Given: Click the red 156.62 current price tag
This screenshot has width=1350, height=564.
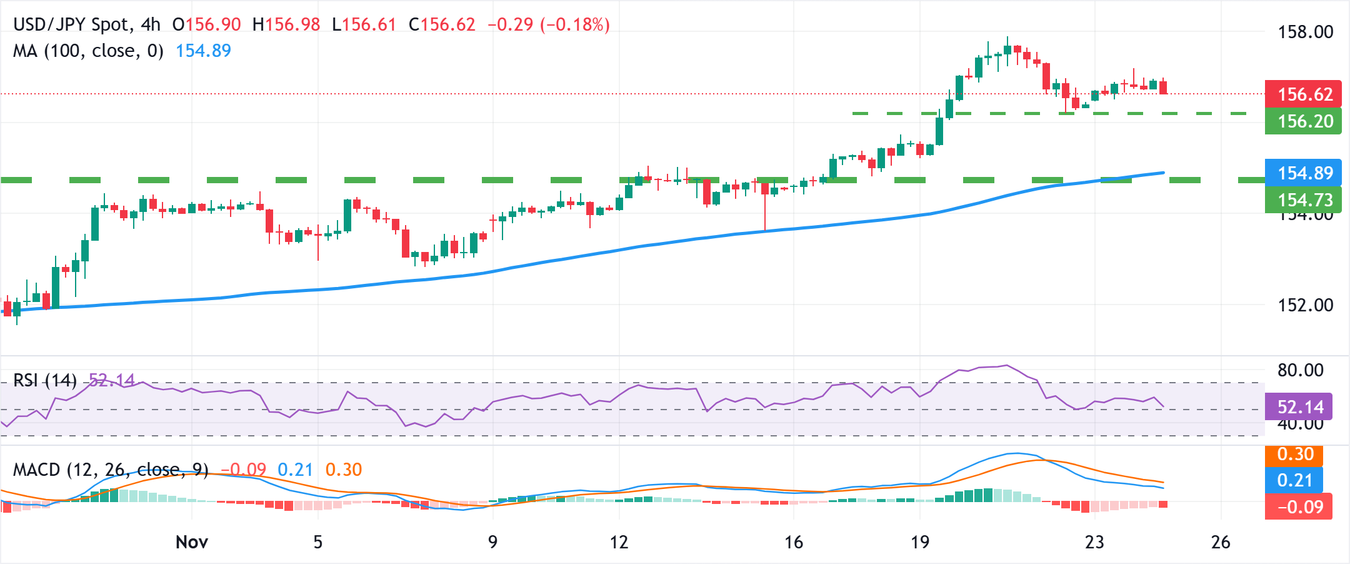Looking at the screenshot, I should (x=1303, y=94).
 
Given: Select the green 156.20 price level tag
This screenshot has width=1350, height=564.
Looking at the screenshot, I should (x=1303, y=121).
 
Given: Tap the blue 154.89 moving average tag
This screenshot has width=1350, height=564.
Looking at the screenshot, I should (x=1303, y=173).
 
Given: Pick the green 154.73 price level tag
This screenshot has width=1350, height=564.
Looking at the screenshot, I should (x=1303, y=199).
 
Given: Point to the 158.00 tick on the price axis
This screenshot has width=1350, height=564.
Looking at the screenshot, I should (x=1305, y=32).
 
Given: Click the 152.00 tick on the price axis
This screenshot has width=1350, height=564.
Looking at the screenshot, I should (x=1305, y=305).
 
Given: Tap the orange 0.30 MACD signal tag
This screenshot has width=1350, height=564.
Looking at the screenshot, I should (x=1294, y=454).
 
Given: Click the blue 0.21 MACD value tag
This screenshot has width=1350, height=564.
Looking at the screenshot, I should (x=1294, y=480).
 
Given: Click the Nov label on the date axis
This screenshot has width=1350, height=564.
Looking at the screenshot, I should (x=191, y=542).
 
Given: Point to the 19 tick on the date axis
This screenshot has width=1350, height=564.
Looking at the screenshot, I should (x=919, y=542).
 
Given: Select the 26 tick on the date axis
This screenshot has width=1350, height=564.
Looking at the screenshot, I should (x=1221, y=542).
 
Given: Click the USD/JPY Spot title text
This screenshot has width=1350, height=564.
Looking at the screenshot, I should (x=72, y=25).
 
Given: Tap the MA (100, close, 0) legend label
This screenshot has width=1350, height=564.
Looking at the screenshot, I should (x=88, y=51).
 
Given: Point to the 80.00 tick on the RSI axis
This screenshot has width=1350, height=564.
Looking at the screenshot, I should (x=1300, y=370).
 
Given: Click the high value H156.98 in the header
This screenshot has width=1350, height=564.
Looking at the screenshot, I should (x=286, y=25).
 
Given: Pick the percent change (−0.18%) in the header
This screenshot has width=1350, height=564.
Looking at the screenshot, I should (x=575, y=25).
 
